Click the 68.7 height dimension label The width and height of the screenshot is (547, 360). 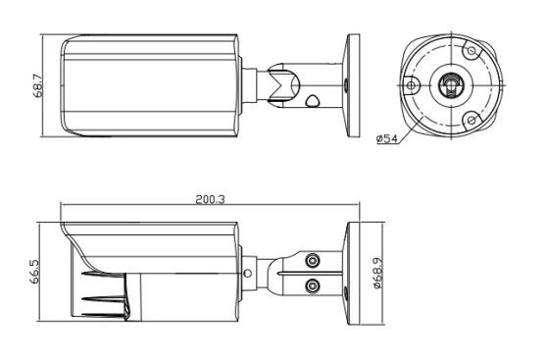(x=38, y=86)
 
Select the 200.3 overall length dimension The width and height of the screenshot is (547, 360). (x=210, y=199)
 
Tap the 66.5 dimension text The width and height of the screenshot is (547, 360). (x=35, y=272)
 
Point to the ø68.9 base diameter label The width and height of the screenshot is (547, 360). (x=377, y=273)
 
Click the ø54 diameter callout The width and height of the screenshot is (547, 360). (x=387, y=138)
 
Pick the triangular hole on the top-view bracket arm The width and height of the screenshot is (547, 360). (x=312, y=101)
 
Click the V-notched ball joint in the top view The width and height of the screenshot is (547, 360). (x=283, y=84)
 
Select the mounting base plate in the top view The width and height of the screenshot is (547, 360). (x=352, y=85)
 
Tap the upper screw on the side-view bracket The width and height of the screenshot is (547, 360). (x=313, y=260)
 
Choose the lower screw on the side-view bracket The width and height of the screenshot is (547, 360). (x=313, y=286)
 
